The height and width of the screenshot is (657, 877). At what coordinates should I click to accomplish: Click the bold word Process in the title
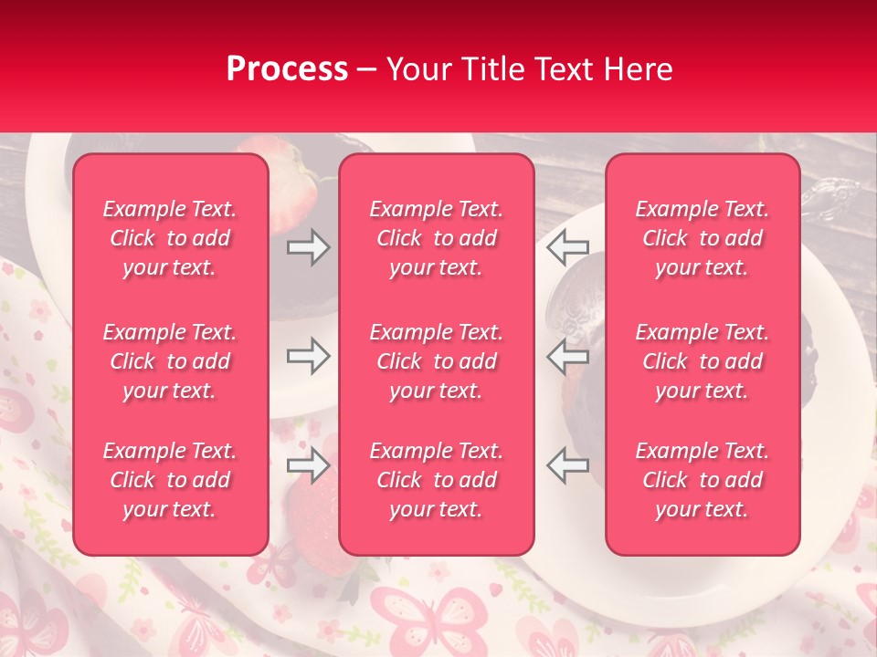pos(287,69)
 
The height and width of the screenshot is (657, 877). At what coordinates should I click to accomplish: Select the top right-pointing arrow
pos(308,246)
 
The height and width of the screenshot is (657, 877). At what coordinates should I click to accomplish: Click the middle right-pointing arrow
pos(308,355)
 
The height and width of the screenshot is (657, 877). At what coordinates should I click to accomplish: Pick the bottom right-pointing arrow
pos(308,465)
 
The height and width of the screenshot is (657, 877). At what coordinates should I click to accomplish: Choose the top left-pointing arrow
pos(567,246)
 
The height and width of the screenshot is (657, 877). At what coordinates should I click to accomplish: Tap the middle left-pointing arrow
pos(567,355)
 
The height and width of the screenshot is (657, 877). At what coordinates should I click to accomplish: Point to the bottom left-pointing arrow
pos(567,465)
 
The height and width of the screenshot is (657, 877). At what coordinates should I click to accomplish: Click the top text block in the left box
pos(170,238)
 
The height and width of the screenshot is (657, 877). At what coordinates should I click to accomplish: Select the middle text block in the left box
pos(170,361)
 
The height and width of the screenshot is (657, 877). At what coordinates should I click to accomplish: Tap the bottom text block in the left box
pos(170,480)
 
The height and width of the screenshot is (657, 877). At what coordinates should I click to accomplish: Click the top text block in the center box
pos(437,238)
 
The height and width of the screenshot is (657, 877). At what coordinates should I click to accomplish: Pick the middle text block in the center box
pos(437,361)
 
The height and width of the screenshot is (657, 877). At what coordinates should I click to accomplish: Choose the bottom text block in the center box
pos(437,480)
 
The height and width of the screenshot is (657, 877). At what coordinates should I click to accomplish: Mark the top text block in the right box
pos(703,238)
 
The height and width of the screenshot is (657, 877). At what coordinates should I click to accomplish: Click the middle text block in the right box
pos(703,361)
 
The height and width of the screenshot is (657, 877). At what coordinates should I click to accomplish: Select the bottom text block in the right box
pos(703,480)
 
